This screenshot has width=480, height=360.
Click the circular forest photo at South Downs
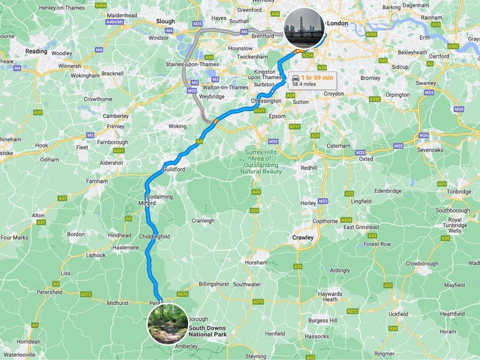pos(167,324)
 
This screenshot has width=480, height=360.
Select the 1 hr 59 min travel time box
pos(312,81)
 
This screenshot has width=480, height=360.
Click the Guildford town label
pos(173,169)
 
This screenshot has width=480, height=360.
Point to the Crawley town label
pos(302,238)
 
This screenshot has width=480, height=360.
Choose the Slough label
pos(165,21)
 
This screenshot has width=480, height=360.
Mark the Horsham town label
pos(256,263)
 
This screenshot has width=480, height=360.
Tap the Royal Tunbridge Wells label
pos(454,225)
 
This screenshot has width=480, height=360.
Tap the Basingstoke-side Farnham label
pos(97,181)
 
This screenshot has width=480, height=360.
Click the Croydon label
pos(334,94)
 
